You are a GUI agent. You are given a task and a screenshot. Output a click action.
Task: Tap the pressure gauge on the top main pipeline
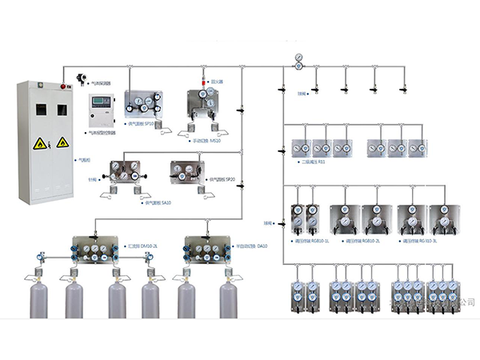click(298, 60)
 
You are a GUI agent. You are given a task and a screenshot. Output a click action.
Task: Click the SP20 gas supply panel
click(190, 171)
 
